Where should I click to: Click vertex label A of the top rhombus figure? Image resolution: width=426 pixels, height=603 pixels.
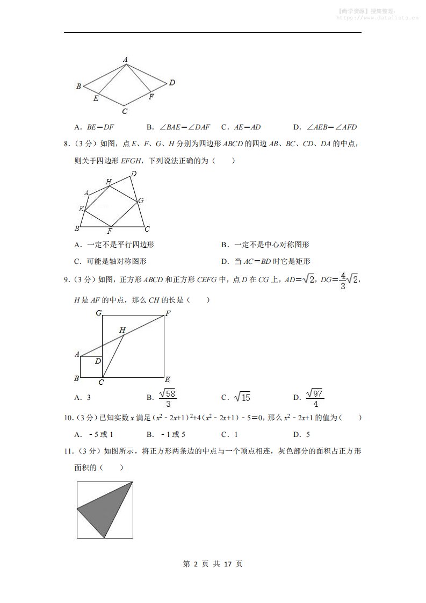pyautogui.click(x=125, y=60)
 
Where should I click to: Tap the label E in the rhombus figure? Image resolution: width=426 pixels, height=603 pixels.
pyautogui.click(x=96, y=98)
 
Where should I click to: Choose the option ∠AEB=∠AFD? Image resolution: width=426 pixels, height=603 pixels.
pyautogui.click(x=324, y=127)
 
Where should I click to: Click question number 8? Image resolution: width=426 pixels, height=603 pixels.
pyautogui.click(x=67, y=143)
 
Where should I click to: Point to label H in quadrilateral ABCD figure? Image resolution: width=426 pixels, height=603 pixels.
pyautogui.click(x=109, y=182)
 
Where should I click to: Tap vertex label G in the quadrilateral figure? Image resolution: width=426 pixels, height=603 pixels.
pyautogui.click(x=141, y=200)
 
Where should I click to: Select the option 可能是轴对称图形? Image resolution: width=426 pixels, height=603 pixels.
pyautogui.click(x=111, y=262)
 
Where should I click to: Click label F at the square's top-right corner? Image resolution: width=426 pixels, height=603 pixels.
pyautogui.click(x=168, y=313)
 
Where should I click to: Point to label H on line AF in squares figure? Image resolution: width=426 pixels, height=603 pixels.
pyautogui.click(x=122, y=330)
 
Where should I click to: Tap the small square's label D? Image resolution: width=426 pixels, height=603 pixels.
pyautogui.click(x=98, y=361)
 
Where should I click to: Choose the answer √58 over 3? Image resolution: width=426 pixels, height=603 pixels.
pyautogui.click(x=169, y=398)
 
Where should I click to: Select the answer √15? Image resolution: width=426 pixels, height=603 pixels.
pyautogui.click(x=242, y=398)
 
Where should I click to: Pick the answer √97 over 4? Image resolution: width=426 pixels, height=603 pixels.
pyautogui.click(x=315, y=398)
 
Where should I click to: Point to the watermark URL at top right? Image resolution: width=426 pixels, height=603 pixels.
pyautogui.click(x=377, y=17)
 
